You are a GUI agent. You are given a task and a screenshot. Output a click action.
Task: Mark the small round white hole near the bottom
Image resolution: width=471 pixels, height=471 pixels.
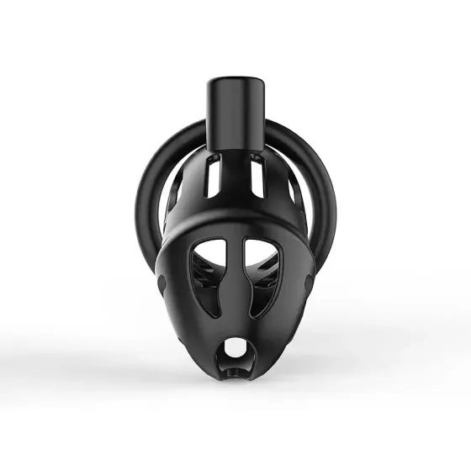click(x=235, y=346)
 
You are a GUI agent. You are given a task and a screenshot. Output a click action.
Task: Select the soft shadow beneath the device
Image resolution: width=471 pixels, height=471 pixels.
click(x=235, y=395)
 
